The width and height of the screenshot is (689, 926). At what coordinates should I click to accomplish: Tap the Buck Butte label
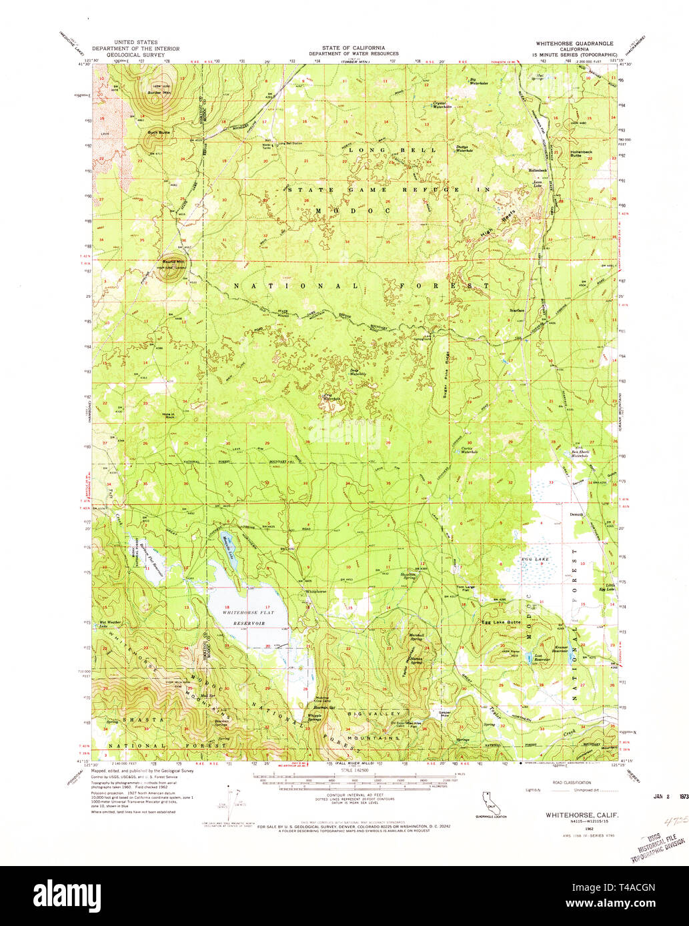[159, 133]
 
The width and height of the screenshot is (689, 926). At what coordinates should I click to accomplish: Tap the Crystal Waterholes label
[443, 105]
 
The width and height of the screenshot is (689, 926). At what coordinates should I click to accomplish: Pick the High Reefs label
[490, 226]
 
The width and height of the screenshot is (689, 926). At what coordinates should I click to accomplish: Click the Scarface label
[516, 310]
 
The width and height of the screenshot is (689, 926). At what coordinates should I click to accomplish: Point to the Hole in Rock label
[168, 416]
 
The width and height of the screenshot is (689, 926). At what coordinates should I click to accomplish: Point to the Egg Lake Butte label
[501, 622]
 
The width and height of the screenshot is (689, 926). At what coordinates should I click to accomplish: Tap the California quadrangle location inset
[490, 802]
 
